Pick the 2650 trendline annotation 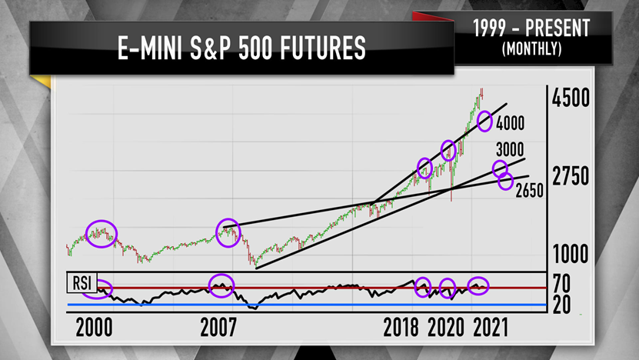tap(531, 190)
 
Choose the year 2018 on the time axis tap(401, 328)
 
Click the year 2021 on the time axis tap(489, 328)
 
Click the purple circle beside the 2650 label tap(505, 182)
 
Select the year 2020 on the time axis tap(446, 328)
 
